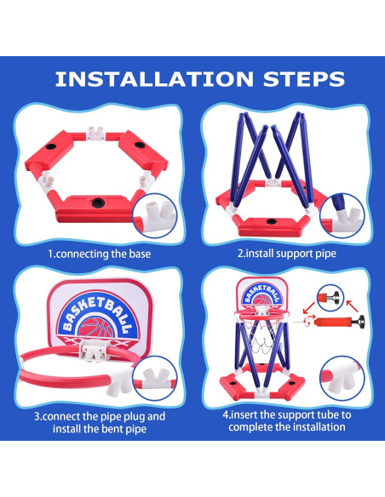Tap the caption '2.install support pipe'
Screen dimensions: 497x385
pyautogui.click(x=286, y=253)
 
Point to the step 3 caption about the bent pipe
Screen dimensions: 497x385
pyautogui.click(x=99, y=423)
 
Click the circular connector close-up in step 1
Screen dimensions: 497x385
pyautogui.click(x=155, y=214)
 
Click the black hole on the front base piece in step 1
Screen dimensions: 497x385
pyautogui.click(x=96, y=203)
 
